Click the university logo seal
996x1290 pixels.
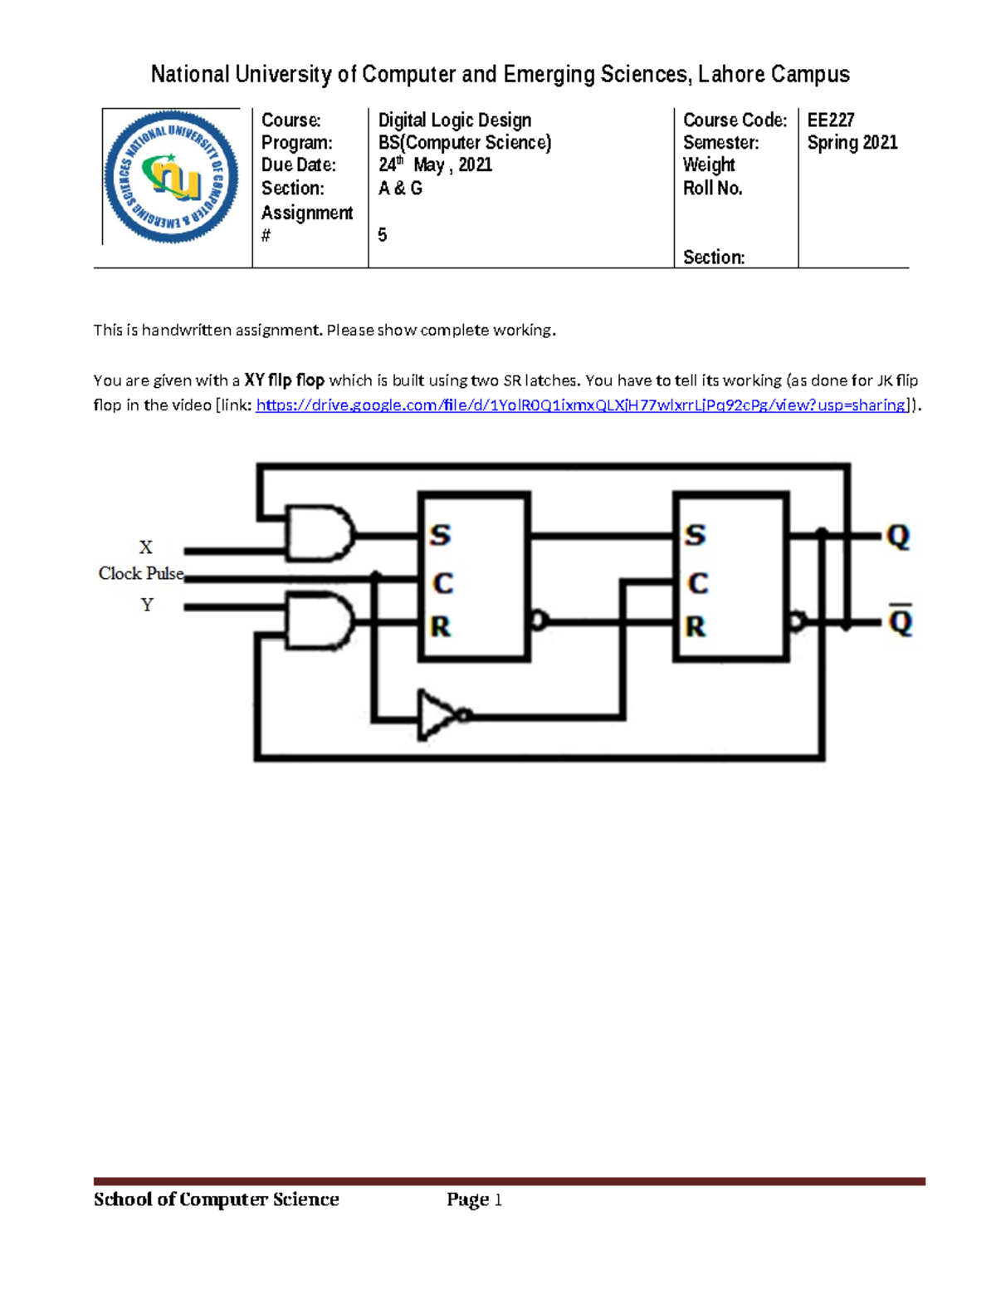pos(172,177)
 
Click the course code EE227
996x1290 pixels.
pos(830,120)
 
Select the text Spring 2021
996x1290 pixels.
pos(852,143)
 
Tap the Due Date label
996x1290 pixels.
pos(298,165)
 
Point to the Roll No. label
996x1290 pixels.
pos(712,189)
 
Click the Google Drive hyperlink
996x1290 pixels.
pos(582,405)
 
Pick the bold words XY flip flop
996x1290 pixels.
pos(284,380)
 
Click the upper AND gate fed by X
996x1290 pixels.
pos(320,532)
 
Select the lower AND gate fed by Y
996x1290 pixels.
pos(320,620)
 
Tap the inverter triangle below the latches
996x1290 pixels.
pos(437,714)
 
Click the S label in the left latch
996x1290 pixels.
pos(440,535)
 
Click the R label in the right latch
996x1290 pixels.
pos(696,626)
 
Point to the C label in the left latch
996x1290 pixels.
pos(443,583)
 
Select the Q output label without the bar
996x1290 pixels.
pos(898,537)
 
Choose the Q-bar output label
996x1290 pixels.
pos(900,620)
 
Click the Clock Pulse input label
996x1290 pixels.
pos(141,574)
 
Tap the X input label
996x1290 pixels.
pos(146,547)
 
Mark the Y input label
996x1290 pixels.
pos(147,605)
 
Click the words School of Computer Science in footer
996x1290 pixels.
pos(216,1199)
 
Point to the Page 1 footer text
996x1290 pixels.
pos(474,1199)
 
